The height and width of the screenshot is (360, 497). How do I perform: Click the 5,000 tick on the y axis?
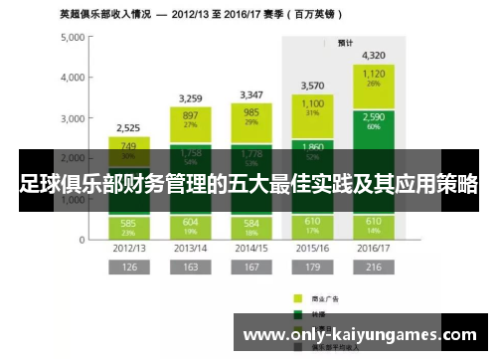(74, 37)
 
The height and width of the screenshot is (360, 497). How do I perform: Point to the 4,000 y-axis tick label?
(74, 78)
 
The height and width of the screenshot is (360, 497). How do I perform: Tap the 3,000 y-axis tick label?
(74, 118)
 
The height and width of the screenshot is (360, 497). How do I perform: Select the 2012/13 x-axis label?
(127, 248)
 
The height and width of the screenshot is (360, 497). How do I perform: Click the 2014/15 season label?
(251, 248)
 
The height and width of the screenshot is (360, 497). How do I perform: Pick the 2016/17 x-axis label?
(375, 248)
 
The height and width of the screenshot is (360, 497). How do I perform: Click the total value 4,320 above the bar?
(375, 56)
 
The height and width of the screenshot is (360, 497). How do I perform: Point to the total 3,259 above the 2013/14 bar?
(189, 98)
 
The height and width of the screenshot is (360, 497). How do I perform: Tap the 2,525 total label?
(127, 128)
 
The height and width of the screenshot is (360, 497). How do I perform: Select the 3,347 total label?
(251, 95)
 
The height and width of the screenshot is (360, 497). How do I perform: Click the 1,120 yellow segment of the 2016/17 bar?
(375, 78)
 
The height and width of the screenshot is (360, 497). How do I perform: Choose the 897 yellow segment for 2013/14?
(189, 119)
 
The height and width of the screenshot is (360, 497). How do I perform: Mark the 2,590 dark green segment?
(375, 121)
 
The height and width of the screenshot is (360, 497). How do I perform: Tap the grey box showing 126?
(127, 268)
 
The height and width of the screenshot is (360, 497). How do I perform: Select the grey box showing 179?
(313, 268)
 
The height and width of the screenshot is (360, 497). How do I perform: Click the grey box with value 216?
(375, 268)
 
